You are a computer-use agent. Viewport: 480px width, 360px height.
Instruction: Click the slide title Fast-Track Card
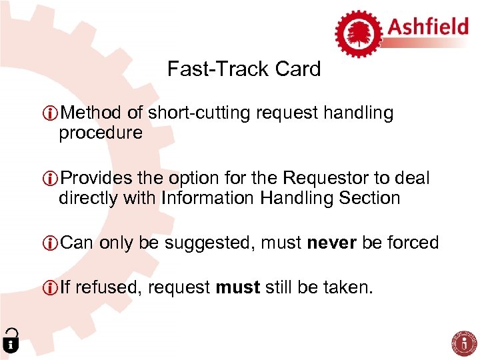244,69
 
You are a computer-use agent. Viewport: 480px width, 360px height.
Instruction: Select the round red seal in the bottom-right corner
465,342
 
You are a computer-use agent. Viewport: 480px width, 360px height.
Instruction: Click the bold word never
332,243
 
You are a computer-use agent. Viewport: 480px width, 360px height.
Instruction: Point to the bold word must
238,287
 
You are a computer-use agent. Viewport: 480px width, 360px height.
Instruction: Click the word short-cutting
199,113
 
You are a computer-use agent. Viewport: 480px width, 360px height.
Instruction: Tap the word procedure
100,133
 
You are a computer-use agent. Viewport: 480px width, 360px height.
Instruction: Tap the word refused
107,287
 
